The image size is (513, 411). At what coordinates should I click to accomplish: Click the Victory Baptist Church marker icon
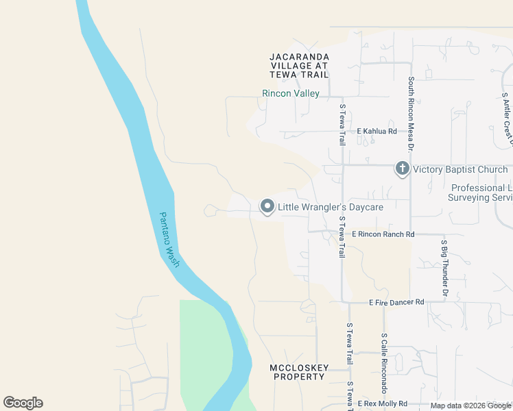(402, 169)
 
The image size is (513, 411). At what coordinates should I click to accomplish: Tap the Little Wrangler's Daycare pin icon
(267, 206)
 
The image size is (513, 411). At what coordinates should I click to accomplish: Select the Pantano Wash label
(169, 239)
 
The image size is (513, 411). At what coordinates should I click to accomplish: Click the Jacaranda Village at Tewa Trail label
(299, 65)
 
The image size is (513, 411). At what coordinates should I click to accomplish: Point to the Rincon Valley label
(291, 93)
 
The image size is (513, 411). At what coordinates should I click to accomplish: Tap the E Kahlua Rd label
(376, 132)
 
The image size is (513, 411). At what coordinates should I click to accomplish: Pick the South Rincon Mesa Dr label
(411, 114)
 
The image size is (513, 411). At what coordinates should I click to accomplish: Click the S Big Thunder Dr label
(444, 268)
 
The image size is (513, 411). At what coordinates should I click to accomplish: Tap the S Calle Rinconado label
(385, 364)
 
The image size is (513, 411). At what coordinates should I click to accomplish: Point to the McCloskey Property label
(298, 372)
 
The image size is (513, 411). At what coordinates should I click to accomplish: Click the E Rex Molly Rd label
(382, 404)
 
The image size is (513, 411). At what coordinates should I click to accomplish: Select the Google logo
(23, 403)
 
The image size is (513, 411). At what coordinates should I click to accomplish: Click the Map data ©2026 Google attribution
(471, 406)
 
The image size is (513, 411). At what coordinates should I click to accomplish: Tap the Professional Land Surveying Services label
(480, 192)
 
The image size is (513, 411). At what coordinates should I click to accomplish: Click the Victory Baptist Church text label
(460, 169)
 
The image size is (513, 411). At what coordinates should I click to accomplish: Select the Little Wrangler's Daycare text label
(330, 206)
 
